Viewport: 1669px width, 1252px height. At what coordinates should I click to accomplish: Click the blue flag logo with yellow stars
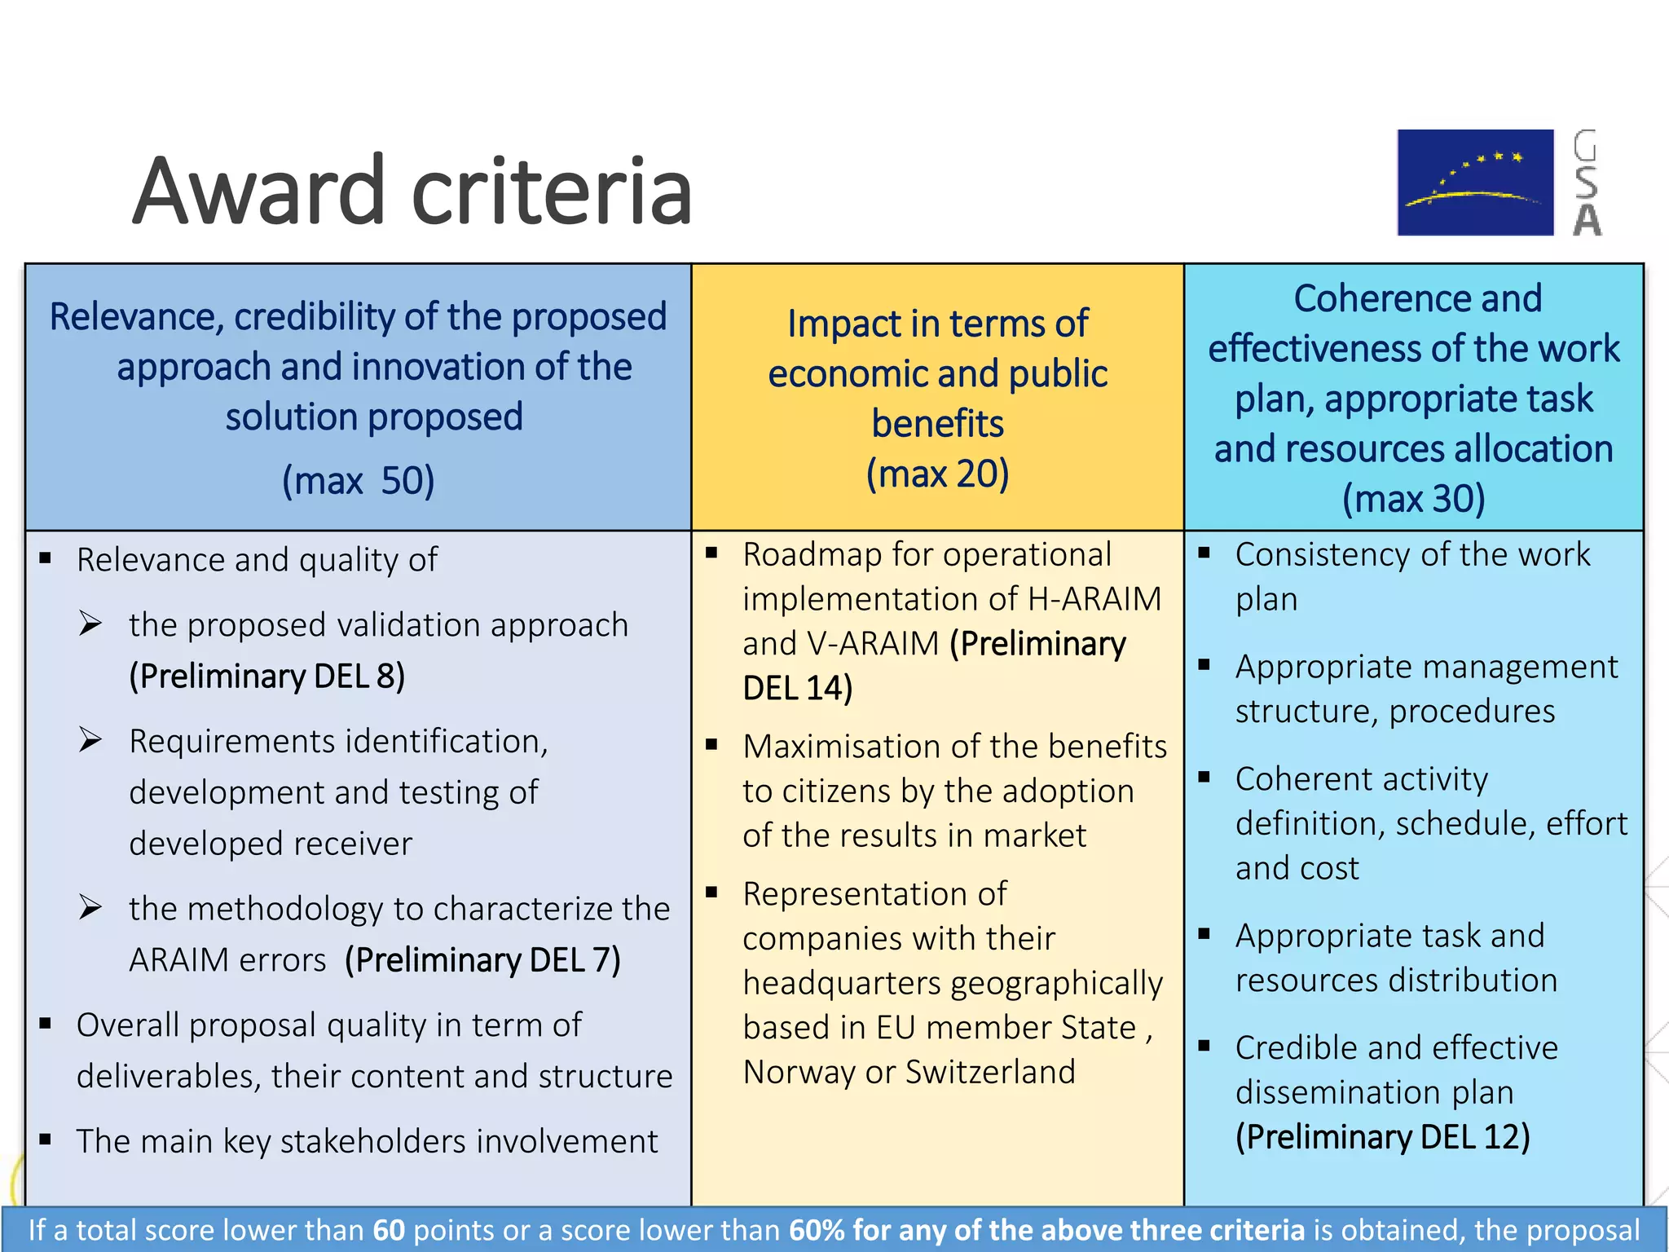point(1475,183)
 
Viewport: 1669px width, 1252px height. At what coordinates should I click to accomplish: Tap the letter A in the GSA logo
point(1587,220)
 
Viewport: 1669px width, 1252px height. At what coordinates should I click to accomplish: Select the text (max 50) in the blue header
point(358,480)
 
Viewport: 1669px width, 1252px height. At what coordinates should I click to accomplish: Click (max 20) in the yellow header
point(937,474)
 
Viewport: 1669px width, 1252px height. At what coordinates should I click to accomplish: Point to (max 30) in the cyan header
point(1414,499)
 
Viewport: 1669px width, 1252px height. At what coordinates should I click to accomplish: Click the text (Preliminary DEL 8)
point(267,677)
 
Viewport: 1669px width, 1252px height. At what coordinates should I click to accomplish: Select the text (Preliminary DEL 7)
point(482,960)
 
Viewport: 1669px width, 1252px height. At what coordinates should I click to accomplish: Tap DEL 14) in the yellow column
point(797,688)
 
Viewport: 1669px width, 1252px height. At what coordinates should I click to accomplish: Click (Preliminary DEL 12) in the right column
point(1382,1137)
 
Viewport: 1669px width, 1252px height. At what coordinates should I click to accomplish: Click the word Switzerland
point(990,1072)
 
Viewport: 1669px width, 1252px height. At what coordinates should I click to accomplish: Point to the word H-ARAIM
point(1094,599)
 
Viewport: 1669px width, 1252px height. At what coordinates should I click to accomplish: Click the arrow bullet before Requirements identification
point(90,740)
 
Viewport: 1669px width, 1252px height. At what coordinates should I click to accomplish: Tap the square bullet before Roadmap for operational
point(711,553)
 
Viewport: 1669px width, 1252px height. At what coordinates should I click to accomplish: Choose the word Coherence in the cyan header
point(1417,298)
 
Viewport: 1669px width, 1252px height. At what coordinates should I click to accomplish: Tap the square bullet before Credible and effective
point(1204,1046)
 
